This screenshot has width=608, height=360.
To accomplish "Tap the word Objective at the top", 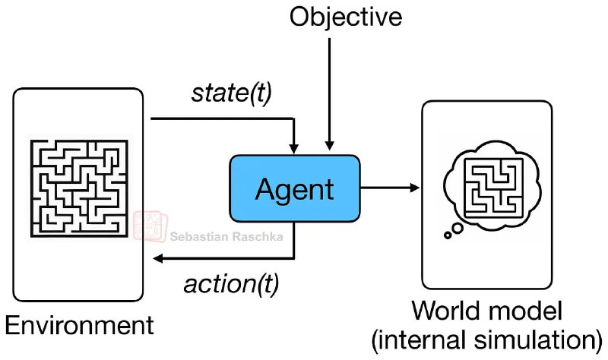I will (346, 17).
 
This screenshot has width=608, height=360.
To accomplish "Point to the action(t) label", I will (231, 285).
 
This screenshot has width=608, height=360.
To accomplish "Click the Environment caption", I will (79, 327).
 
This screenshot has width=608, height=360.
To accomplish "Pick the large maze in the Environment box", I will (79, 186).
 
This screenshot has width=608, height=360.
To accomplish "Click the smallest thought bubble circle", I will (448, 235).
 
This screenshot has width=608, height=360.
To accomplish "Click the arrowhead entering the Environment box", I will (157, 259).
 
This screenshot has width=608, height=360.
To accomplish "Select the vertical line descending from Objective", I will (329, 84).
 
